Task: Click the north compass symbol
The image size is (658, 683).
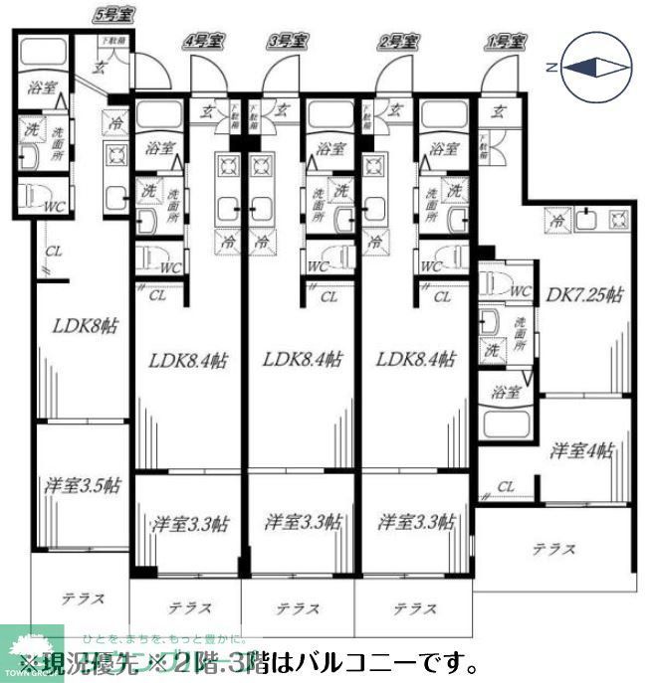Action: pyautogui.click(x=593, y=67)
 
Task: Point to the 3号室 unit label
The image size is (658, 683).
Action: pyautogui.click(x=287, y=41)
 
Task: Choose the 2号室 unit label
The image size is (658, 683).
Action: pyautogui.click(x=396, y=41)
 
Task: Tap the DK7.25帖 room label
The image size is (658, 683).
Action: pyautogui.click(x=584, y=295)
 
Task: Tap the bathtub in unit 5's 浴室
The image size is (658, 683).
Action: pyautogui.click(x=43, y=55)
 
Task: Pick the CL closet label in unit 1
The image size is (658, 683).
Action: pyautogui.click(x=506, y=486)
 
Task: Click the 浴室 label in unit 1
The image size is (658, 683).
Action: pyautogui.click(x=505, y=392)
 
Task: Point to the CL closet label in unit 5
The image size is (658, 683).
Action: pyautogui.click(x=54, y=252)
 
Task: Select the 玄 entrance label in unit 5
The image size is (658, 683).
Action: pyautogui.click(x=100, y=68)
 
